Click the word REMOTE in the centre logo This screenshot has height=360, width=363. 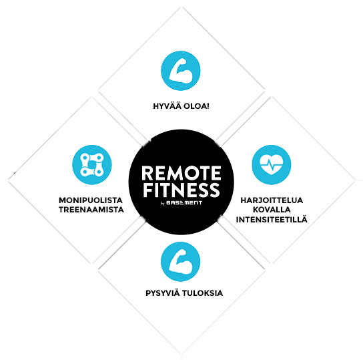(181, 173)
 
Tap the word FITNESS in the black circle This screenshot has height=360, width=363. (181, 190)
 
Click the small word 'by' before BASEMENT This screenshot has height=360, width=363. (163, 204)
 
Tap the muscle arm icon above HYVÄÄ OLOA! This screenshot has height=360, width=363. (181, 71)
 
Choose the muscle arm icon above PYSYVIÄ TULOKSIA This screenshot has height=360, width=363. (181, 262)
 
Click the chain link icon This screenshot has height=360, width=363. (92, 165)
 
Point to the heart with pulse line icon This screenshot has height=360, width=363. (272, 165)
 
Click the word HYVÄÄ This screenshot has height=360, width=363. (167, 106)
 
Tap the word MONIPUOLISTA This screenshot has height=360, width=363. (91, 200)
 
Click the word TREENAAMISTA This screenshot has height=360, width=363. (91, 210)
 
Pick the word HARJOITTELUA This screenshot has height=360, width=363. (272, 200)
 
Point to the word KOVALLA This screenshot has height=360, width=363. (272, 210)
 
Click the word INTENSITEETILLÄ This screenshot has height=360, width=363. (272, 219)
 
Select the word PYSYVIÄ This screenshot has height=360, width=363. (163, 293)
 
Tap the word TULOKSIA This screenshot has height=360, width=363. (202, 293)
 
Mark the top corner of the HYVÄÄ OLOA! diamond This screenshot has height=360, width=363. (181, 7)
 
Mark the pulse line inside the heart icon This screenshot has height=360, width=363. (272, 165)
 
